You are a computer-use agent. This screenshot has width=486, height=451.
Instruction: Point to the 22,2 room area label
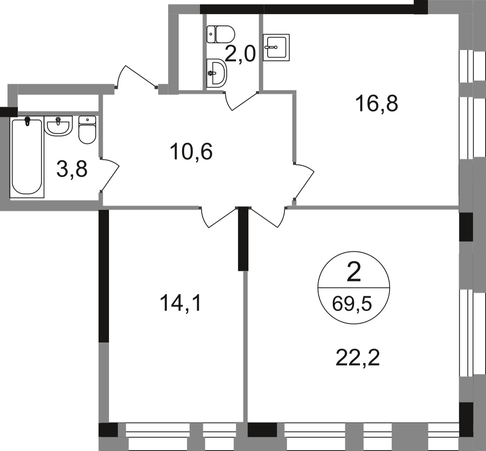click(x=357, y=357)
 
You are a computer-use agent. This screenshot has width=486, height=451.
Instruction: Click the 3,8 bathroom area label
click(x=72, y=169)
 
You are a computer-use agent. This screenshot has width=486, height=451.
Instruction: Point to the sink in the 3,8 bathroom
click(x=59, y=125)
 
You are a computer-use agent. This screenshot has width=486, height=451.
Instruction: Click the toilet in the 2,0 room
click(x=221, y=33)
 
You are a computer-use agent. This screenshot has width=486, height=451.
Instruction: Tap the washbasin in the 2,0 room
click(x=216, y=73)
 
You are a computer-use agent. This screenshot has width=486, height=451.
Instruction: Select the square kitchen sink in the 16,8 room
click(x=275, y=48)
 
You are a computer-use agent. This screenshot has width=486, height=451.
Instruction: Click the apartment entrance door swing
click(x=137, y=78)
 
